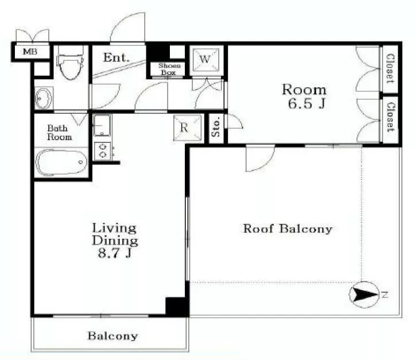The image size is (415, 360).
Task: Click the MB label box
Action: (30, 51)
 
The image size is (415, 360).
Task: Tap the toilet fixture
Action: (71, 63)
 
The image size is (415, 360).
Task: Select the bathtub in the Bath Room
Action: (61, 162)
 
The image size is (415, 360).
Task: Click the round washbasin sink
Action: (44, 98)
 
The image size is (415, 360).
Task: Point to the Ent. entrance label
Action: (116, 57)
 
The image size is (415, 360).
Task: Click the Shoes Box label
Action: (169, 69)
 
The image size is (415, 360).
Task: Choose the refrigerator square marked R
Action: (187, 128)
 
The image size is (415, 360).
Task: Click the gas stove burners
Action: (103, 151)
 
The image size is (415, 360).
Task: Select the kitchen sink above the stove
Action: (102, 125)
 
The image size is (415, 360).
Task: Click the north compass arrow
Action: (366, 295)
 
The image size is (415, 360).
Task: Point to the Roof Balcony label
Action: (288, 229)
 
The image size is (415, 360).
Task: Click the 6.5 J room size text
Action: (306, 103)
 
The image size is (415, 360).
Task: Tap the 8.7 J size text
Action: (115, 253)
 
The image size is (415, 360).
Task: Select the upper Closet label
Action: (390, 69)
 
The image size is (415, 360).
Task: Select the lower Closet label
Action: (390, 117)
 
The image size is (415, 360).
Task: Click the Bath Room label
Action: (59, 133)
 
